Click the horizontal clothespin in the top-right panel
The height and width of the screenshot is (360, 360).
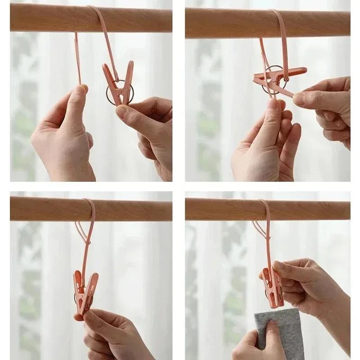279,74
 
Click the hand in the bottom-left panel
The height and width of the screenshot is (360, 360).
112,333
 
